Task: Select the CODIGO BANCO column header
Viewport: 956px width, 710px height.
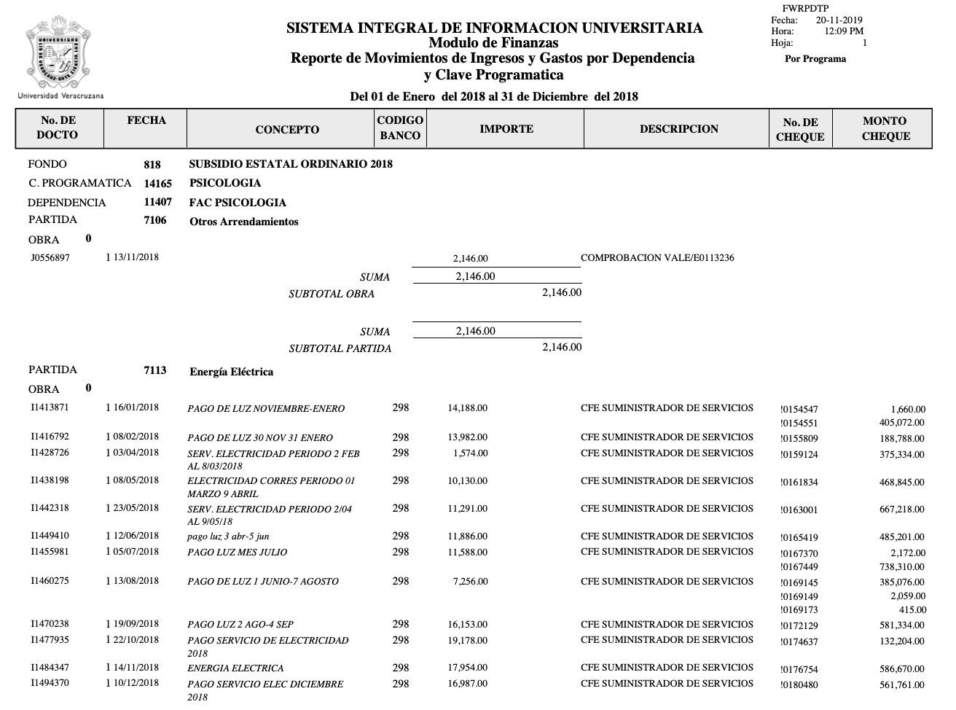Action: (400, 128)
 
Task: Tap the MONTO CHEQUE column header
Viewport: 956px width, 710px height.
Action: (885, 128)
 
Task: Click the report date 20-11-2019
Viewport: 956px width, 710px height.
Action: (839, 20)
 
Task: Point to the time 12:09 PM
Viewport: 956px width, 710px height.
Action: (844, 31)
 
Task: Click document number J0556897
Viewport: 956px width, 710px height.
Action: (50, 257)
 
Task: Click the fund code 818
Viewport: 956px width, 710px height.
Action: (152, 165)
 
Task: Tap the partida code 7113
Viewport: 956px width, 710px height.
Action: (155, 370)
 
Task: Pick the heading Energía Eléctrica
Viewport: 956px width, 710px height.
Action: (231, 372)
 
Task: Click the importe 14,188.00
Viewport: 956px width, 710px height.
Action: (467, 408)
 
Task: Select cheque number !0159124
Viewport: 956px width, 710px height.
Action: (799, 455)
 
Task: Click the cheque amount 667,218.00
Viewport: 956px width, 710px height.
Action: (901, 510)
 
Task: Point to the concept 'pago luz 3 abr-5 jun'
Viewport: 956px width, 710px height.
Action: (228, 537)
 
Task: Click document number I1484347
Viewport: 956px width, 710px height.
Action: (50, 668)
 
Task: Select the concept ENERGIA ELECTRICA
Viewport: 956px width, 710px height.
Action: (235, 668)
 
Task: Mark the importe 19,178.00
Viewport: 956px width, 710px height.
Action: (467, 640)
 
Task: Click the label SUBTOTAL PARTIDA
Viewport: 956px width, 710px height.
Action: (340, 348)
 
